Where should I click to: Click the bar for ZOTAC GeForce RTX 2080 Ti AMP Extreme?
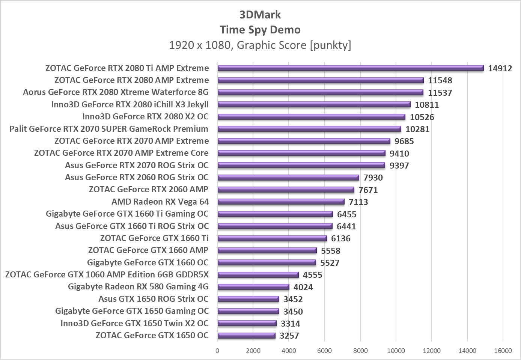[x=350, y=68]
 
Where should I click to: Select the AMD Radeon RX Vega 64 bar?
[x=281, y=202]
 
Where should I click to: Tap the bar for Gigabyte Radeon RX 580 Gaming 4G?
[x=253, y=287]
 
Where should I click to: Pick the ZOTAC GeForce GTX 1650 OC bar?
[x=246, y=336]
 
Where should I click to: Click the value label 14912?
[x=500, y=68]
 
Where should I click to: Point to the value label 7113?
[x=358, y=202]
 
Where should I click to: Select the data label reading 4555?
[x=312, y=275]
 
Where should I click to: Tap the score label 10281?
[x=417, y=129]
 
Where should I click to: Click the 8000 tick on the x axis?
[x=360, y=351]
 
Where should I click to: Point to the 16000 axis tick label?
[x=503, y=351]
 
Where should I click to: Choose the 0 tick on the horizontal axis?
[x=217, y=351]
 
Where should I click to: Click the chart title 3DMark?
[x=260, y=15]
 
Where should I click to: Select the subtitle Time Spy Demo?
[x=260, y=30]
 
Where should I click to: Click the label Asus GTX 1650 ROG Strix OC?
[x=153, y=299]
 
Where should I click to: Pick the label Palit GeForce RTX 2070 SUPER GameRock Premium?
[x=109, y=129]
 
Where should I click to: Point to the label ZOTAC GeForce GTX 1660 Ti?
[x=154, y=238]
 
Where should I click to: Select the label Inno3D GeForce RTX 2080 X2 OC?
[x=145, y=116]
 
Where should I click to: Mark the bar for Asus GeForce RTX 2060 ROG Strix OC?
[x=288, y=178]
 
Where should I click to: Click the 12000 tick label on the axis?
[x=432, y=351]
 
